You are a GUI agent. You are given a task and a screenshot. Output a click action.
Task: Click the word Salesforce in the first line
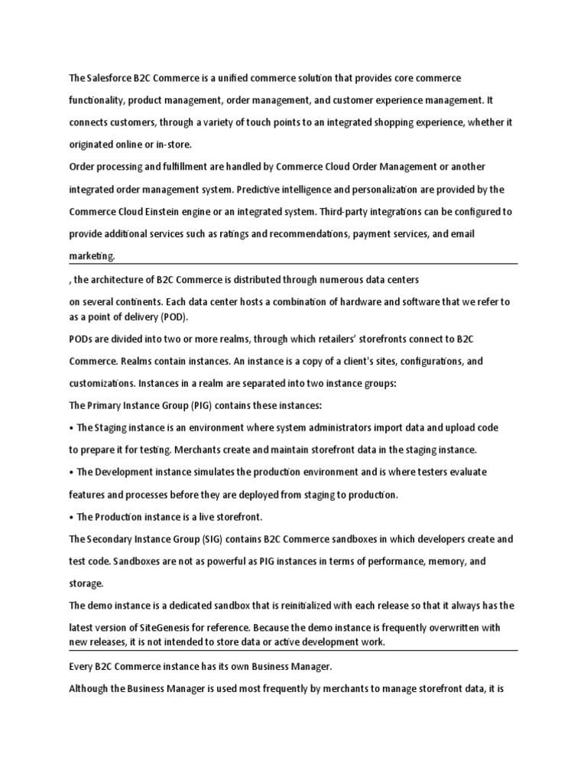[x=109, y=79]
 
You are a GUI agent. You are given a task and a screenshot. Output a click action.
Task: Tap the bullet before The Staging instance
[x=71, y=427]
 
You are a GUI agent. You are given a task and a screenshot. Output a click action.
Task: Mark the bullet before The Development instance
[x=71, y=472]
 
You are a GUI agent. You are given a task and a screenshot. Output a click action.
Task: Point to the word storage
[x=86, y=583]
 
